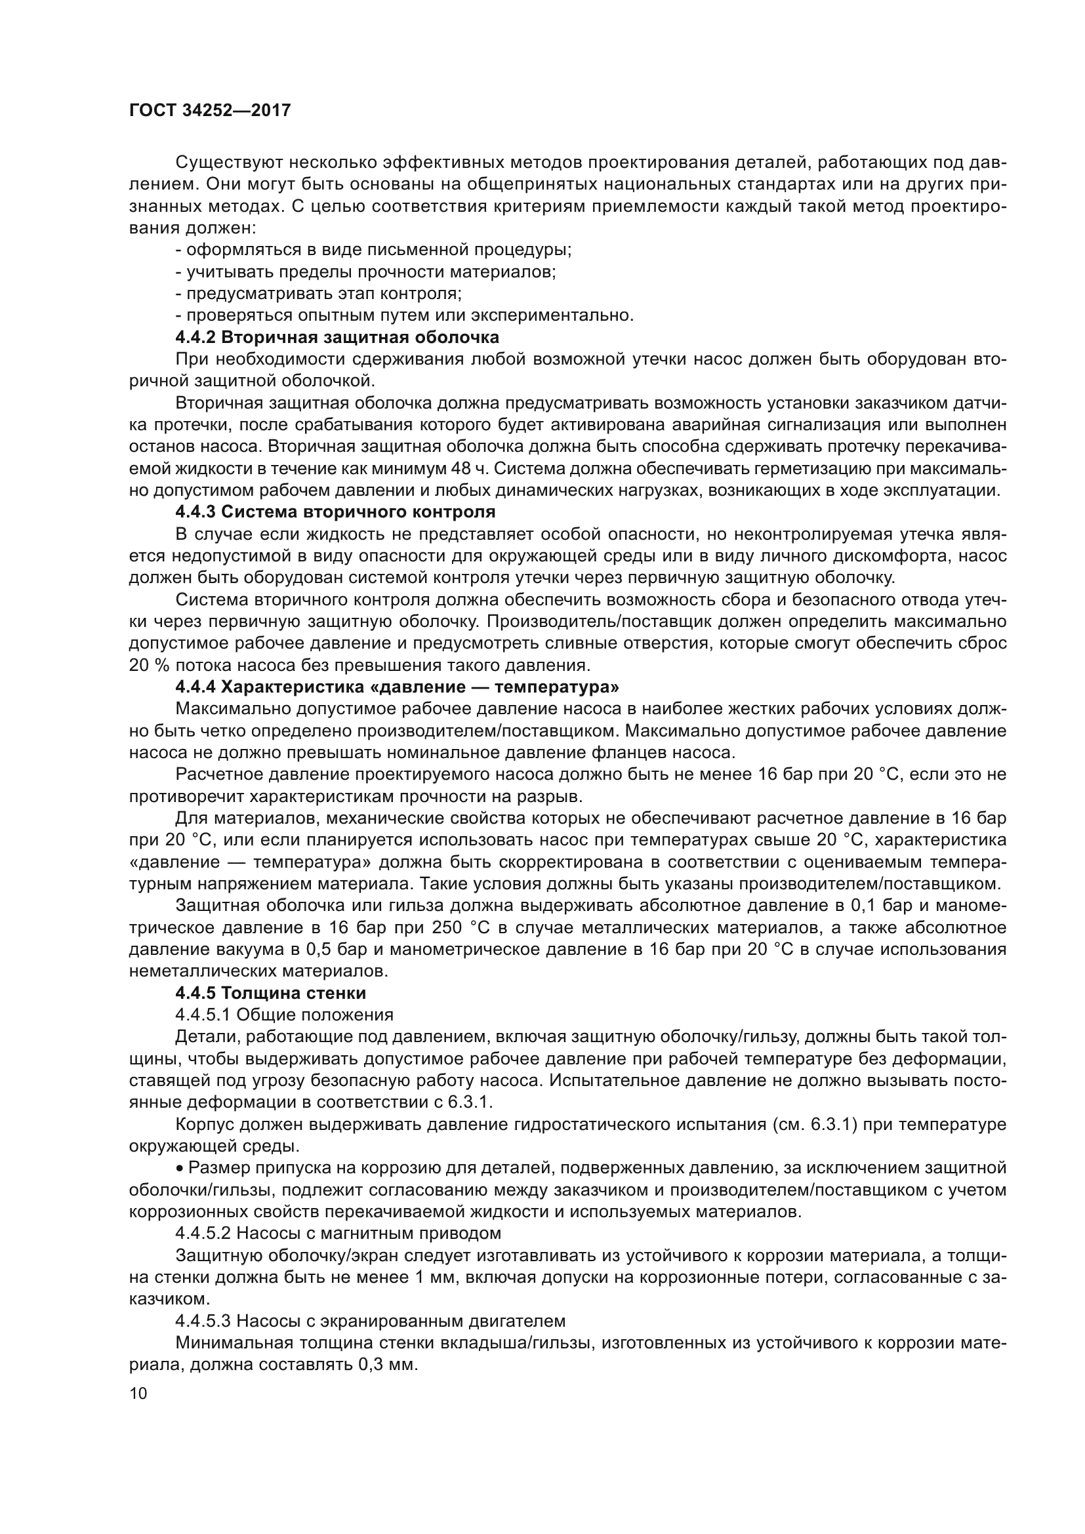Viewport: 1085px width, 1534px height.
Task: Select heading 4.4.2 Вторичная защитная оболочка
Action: [337, 336]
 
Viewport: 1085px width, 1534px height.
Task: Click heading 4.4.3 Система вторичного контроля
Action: [335, 512]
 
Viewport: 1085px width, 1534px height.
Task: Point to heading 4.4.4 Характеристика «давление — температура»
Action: [397, 687]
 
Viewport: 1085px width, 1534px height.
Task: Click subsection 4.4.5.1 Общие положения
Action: [284, 1015]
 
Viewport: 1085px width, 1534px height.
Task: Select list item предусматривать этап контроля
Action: [319, 293]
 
